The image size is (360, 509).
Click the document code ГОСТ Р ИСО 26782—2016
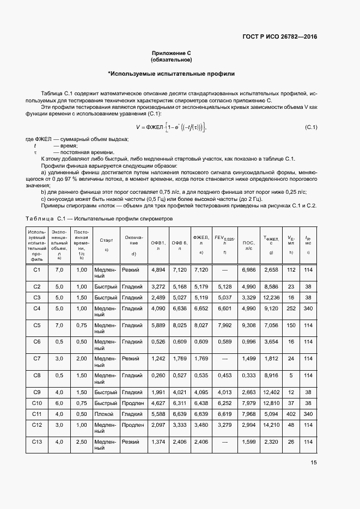(x=280, y=37)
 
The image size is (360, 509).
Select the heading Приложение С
(x=172, y=53)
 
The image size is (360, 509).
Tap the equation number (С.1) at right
(x=310, y=127)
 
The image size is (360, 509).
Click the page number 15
(x=313, y=463)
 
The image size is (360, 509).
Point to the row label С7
(x=37, y=358)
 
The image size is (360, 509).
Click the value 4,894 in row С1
(x=158, y=269)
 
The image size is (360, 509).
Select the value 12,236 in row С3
(x=271, y=297)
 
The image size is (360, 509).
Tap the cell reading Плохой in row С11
(x=103, y=414)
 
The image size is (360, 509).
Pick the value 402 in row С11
(x=291, y=414)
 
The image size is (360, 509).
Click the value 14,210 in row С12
(x=271, y=425)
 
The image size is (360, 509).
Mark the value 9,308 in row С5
(x=248, y=325)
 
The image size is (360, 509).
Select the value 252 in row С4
(x=291, y=308)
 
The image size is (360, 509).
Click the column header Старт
(x=106, y=240)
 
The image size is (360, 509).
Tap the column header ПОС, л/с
(x=248, y=244)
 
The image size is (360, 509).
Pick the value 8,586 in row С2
(x=271, y=286)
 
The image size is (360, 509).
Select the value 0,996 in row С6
(x=248, y=341)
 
